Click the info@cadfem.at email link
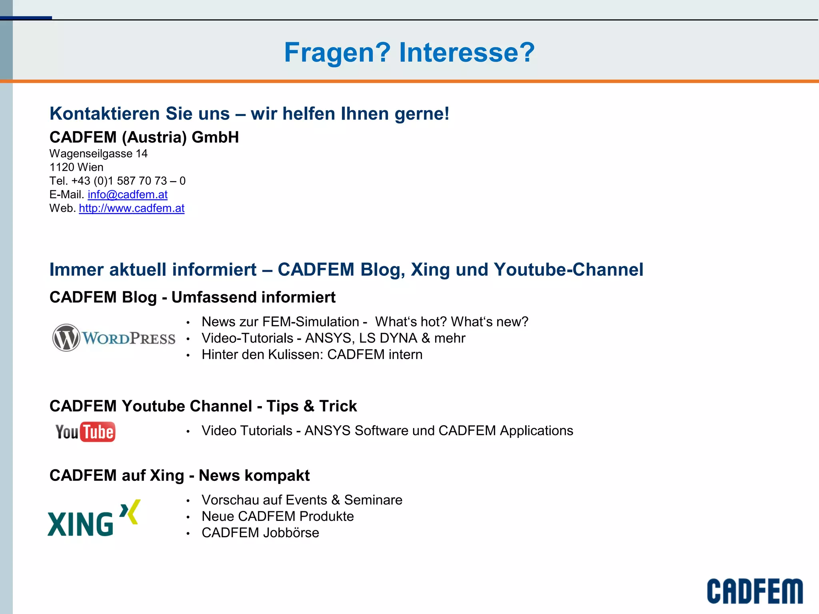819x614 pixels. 128,195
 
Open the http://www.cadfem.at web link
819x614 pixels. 132,208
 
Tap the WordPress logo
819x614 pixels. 114,338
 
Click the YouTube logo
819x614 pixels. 85,432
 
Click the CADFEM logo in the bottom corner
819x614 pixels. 755,591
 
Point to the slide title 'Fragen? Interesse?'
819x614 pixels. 409,52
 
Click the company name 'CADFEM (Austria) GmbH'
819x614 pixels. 144,137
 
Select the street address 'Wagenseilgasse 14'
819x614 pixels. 98,153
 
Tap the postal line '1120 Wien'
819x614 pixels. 76,167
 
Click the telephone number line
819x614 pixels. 118,181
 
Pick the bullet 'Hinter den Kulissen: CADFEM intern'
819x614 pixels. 312,355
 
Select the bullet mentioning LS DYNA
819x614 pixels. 333,338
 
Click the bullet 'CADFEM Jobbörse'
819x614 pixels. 260,533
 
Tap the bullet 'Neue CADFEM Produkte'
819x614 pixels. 278,516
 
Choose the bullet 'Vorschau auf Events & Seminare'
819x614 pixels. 302,500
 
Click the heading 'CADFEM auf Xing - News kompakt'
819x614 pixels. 180,476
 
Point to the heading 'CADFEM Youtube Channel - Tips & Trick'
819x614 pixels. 203,406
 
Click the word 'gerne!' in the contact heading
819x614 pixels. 422,114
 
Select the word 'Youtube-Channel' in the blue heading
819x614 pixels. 568,270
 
